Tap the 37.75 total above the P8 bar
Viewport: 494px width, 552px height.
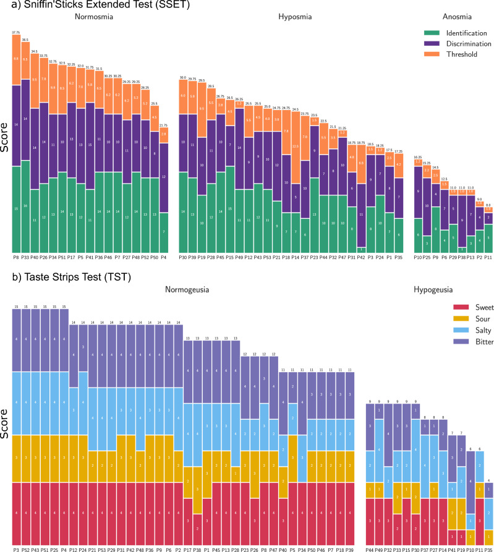16,31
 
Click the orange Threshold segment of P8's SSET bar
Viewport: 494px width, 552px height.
16,59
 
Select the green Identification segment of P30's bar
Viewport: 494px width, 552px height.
183,210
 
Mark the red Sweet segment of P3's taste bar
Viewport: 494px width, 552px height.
16,507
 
